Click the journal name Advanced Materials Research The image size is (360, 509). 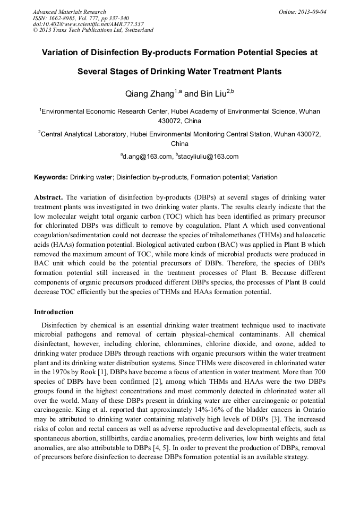pos(69,12)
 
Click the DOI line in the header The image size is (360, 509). pos(88,24)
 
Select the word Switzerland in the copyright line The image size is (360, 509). pos(137,30)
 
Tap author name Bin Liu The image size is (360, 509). pos(213,94)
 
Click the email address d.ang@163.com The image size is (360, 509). pos(148,157)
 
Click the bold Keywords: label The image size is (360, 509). pos(51,177)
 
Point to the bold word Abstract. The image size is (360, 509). pos(48,197)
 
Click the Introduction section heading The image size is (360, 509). pos(54,312)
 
